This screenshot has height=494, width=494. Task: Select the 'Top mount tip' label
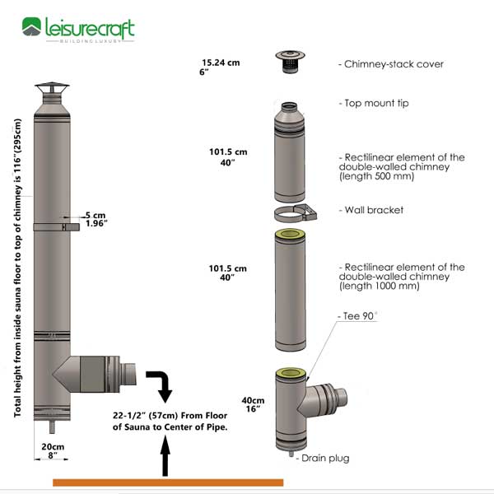click(374, 104)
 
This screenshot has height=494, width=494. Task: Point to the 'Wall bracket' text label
click(371, 210)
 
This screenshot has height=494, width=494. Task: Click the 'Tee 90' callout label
click(354, 316)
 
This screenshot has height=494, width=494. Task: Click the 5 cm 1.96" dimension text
click(96, 218)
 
